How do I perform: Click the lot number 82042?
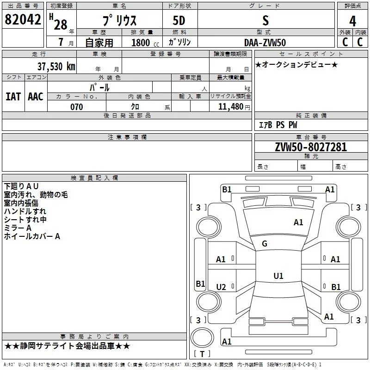[x=23, y=19]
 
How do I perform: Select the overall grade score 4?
[x=352, y=21]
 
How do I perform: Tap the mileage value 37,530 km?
[x=56, y=67]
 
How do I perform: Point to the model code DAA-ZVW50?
[x=265, y=43]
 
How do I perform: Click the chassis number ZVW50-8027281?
[x=311, y=147]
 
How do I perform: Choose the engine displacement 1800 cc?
[x=145, y=43]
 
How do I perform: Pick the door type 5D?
[x=179, y=21]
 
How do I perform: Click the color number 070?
[x=77, y=107]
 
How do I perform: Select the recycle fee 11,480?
[x=231, y=107]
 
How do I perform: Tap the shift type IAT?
[x=13, y=97]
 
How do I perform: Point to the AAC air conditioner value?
[x=36, y=97]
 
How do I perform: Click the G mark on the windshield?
[x=265, y=244]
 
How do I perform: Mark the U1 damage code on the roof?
[x=278, y=276]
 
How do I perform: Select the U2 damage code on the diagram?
[x=221, y=287]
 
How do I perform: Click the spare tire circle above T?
[x=202, y=338]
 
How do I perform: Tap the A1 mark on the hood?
[x=298, y=222]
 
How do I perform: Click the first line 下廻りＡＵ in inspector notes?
[x=21, y=186]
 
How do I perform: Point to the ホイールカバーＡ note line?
[x=32, y=236]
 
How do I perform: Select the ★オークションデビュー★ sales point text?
[x=296, y=65]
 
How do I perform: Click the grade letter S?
[x=265, y=20]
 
